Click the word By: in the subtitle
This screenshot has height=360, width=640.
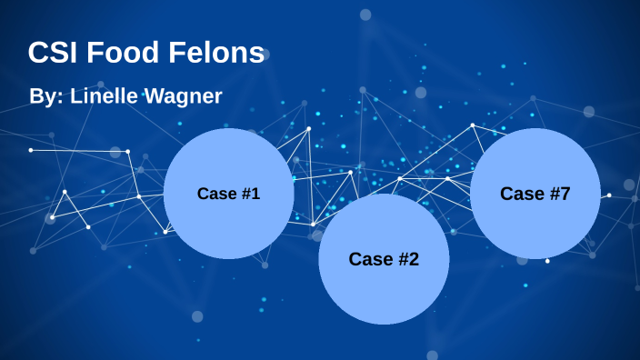(x=45, y=95)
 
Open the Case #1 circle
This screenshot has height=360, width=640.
(x=228, y=194)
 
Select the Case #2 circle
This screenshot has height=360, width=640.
(x=384, y=259)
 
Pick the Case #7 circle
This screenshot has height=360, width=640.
(x=535, y=194)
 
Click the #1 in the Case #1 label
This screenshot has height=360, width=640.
(x=250, y=194)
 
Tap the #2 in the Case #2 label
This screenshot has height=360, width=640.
(x=408, y=259)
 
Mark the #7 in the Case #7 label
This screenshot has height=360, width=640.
(x=560, y=194)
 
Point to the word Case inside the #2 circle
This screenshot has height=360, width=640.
(x=370, y=259)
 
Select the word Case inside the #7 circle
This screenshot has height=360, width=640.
(x=522, y=194)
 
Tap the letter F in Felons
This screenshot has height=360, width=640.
(x=181, y=53)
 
